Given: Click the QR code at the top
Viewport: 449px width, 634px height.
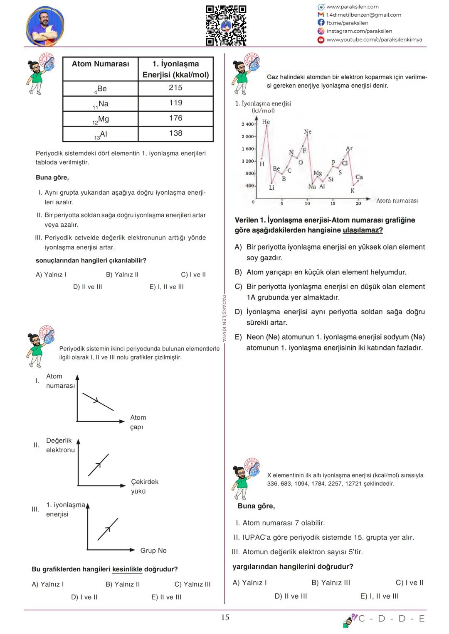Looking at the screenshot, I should pos(226,25).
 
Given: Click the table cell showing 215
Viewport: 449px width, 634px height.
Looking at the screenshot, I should pos(175,88).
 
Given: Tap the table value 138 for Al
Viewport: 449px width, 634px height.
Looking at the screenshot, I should pos(175,133).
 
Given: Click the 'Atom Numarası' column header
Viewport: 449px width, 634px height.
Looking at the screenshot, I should pos(100,64).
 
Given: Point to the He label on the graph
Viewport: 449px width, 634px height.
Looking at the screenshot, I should pos(266,122).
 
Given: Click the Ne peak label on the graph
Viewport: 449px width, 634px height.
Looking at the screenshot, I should pos(308,132).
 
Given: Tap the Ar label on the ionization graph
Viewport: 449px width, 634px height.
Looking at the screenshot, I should pos(349,148).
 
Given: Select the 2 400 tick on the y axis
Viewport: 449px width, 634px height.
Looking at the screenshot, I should pos(247,124).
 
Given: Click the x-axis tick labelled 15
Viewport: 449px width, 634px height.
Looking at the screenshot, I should pos(333,203).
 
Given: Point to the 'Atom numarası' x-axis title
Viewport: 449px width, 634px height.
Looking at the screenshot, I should pos(397,201).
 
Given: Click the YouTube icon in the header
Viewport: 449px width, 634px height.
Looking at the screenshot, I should pos(321,40).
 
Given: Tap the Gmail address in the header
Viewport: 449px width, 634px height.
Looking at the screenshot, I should pos(364,15).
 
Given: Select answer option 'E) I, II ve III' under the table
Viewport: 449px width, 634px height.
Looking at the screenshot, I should pos(166,287).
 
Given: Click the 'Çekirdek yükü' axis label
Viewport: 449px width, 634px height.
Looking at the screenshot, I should pos(144,486).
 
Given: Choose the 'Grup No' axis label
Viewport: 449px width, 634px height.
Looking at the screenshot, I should pos(153,551).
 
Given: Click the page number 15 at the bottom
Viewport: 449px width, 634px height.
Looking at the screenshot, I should pos(225,617).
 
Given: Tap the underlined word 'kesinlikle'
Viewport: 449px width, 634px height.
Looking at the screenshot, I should pos(127,569).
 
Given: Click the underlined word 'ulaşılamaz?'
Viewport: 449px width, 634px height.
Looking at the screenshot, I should pos(363,230).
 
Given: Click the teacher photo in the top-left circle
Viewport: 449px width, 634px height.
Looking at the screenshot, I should pos(45,26).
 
